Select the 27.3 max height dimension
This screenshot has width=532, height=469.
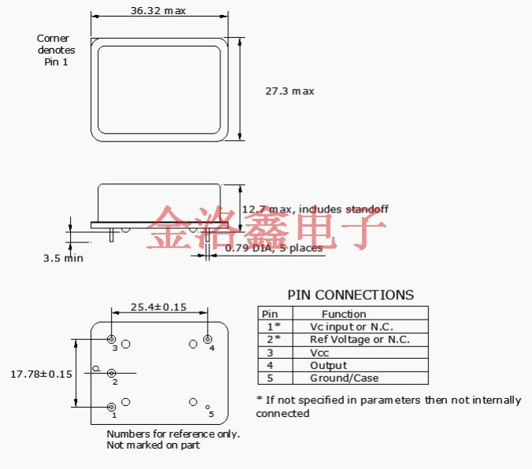point(290,91)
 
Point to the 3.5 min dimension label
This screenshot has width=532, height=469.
point(63,257)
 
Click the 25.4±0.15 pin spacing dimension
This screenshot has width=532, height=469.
point(158,307)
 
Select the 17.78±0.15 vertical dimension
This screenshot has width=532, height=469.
point(41,374)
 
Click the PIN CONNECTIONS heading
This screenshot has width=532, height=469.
point(350,295)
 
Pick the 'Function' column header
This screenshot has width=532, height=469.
point(344,314)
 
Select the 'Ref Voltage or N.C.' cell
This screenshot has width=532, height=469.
point(359,339)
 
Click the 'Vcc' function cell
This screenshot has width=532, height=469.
point(320,353)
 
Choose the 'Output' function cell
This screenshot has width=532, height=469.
point(328,365)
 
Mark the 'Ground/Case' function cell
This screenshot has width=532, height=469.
point(344,378)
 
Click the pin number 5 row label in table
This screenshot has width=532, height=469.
point(269,378)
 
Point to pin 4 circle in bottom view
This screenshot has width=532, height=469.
point(207,340)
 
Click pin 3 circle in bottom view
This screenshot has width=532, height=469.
point(112,339)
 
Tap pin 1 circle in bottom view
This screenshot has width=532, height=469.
point(112,406)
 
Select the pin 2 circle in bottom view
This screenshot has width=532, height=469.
point(112,373)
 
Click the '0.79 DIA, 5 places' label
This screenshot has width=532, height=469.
point(274,249)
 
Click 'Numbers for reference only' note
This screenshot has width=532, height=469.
point(173,434)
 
